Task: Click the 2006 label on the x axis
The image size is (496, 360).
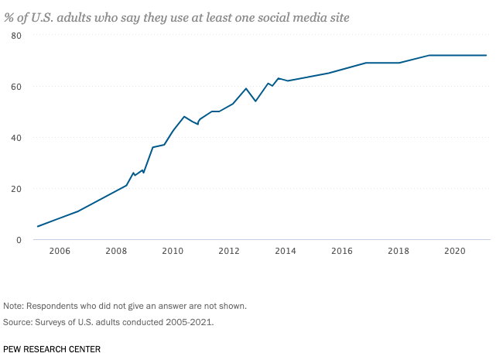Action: pos(60,252)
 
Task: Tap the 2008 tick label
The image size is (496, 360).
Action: pos(116,252)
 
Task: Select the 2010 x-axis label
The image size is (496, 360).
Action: pos(173,252)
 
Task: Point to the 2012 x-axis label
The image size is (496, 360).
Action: pos(229,252)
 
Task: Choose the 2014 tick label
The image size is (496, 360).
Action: pos(286,252)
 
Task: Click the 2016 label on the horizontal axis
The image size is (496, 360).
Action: pos(342,252)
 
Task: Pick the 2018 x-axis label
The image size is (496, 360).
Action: pos(399,252)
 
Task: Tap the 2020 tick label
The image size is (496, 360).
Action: pos(455,252)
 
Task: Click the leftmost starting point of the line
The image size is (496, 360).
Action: pos(37,227)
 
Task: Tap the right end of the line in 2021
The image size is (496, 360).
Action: pos(486,56)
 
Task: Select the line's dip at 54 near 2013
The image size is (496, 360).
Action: pos(255,101)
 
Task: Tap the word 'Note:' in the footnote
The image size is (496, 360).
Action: pos(15,306)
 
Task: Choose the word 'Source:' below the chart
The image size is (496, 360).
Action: pos(19,322)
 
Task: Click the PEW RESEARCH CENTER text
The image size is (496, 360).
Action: pos(52,349)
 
